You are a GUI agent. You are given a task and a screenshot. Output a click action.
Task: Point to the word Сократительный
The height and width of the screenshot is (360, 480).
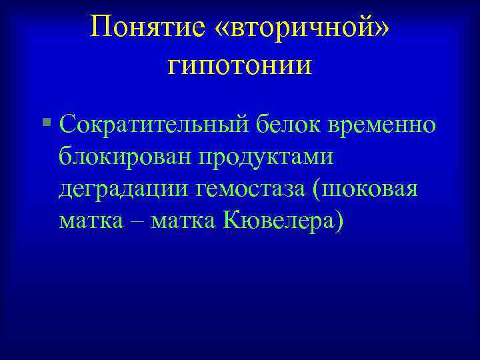(x=154, y=124)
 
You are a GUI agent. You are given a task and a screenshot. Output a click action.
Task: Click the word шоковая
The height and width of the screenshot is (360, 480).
(x=373, y=189)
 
